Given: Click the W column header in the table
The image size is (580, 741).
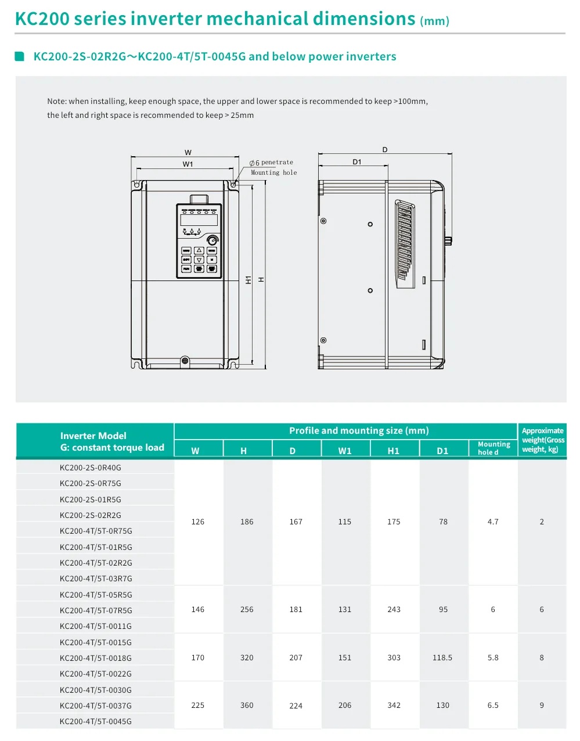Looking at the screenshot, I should (x=195, y=451).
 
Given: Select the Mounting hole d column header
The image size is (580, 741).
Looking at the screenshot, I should (x=493, y=448).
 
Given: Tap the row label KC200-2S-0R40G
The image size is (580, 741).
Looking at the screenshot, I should (x=91, y=467).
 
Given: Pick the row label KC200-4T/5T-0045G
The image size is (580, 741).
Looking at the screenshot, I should (x=96, y=721).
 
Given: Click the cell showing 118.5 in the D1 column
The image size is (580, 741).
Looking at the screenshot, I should (x=442, y=657).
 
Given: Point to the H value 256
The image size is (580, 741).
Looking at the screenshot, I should (x=247, y=610).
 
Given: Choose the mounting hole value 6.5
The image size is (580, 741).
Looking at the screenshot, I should (x=493, y=705).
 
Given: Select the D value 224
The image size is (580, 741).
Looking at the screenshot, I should (x=296, y=706).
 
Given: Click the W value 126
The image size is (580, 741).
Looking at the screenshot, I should (x=198, y=521).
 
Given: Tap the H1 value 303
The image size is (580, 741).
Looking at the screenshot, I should (x=394, y=657).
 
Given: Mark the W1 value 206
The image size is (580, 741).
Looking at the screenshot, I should (x=345, y=705).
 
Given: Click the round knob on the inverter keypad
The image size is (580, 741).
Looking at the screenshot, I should (x=212, y=240).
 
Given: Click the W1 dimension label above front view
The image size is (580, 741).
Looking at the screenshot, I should (x=188, y=164).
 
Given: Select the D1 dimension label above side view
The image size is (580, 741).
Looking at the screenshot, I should (x=356, y=162).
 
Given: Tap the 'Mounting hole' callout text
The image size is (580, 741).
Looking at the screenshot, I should (x=273, y=172).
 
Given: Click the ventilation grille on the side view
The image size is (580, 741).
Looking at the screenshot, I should (x=405, y=244).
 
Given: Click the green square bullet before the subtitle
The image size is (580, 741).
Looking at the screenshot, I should (x=20, y=56).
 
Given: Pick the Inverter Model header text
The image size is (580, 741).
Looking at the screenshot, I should (x=93, y=436).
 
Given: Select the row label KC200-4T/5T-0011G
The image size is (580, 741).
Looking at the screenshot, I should (x=96, y=626).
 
